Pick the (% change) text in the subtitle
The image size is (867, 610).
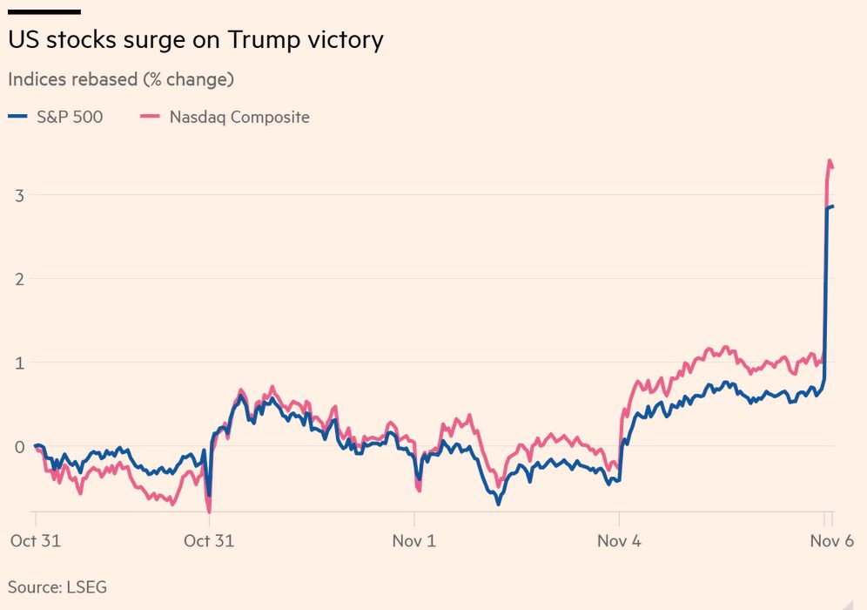[189, 79]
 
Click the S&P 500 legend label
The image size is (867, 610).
[70, 117]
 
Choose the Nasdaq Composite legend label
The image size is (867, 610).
[239, 118]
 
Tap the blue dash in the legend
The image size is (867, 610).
[17, 116]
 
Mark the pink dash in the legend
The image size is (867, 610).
[150, 116]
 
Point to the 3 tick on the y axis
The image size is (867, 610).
[20, 195]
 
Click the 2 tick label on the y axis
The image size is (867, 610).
[20, 279]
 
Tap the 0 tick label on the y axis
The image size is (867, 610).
[20, 447]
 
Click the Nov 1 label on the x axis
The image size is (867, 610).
[414, 541]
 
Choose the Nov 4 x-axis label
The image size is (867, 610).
[619, 541]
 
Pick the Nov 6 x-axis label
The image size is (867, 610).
[832, 541]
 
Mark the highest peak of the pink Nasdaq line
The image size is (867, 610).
[830, 160]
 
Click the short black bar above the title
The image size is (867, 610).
[44, 11]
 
